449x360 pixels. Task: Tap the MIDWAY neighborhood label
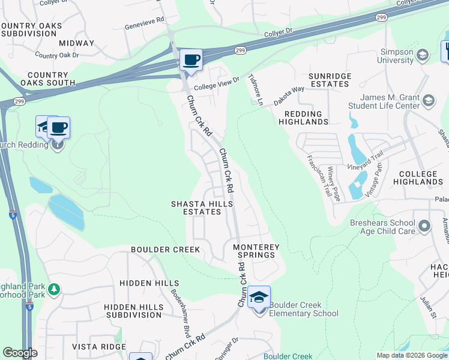pyautogui.click(x=76, y=43)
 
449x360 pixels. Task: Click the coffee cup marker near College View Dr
pyautogui.click(x=191, y=61)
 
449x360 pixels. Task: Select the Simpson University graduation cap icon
pyautogui.click(x=423, y=56)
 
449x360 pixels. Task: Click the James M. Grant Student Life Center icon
pyautogui.click(x=429, y=101)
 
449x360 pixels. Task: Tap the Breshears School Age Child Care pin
pyautogui.click(x=424, y=227)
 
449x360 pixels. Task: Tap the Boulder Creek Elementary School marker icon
pyautogui.click(x=259, y=298)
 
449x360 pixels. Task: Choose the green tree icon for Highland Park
pyautogui.click(x=55, y=290)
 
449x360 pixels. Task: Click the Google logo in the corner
pyautogui.click(x=20, y=353)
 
